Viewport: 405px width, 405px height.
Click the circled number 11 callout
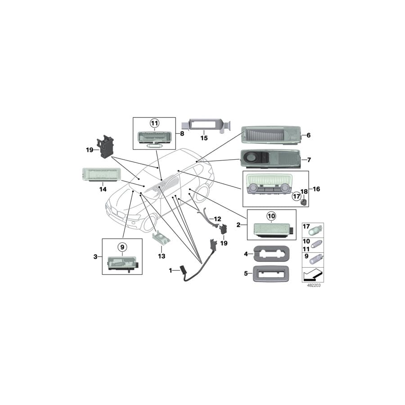point(154,123)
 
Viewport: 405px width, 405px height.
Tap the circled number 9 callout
point(122,247)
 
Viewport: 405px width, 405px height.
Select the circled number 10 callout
point(271,216)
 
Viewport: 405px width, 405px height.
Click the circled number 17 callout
point(296,197)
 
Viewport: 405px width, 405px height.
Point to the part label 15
point(204,138)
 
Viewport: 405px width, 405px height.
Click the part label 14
point(103,189)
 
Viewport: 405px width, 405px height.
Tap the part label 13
point(162,256)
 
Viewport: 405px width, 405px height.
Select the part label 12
point(217,219)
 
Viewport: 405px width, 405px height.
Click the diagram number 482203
point(314,285)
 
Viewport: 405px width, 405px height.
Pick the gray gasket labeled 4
point(271,254)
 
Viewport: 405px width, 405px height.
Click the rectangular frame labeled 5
point(271,274)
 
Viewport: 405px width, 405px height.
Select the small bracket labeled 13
point(162,238)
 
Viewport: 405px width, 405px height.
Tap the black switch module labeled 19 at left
point(105,146)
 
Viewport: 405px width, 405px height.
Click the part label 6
point(308,135)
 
